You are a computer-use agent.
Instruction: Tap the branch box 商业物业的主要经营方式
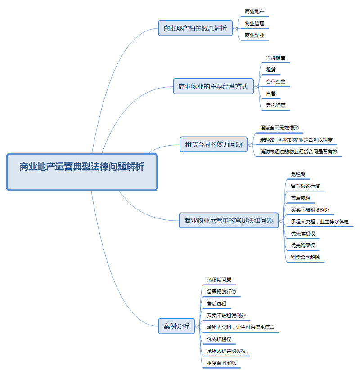point(213,86)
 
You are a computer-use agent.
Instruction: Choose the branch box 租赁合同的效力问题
point(214,144)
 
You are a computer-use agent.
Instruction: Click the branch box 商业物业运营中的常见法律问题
point(229,220)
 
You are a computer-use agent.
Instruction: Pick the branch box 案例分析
point(176,326)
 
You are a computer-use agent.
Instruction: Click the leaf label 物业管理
point(254,23)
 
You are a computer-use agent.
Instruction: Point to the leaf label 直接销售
point(275,58)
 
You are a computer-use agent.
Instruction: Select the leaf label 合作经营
point(275,82)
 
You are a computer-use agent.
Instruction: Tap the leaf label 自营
point(271,93)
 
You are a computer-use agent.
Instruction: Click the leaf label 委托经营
point(275,106)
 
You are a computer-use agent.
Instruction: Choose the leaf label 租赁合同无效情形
point(279,128)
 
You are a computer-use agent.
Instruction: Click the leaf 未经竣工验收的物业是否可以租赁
point(296,140)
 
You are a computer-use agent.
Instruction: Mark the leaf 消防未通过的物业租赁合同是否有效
point(299,152)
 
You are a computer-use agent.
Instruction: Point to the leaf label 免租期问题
point(219,280)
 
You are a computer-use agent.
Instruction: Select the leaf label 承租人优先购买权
point(226,351)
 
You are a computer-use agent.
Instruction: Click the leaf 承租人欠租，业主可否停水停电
point(241,327)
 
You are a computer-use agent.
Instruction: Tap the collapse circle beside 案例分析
point(198,326)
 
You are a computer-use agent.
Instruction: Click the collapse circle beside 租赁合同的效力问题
point(251,145)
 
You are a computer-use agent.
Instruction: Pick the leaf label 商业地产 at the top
point(254,11)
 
